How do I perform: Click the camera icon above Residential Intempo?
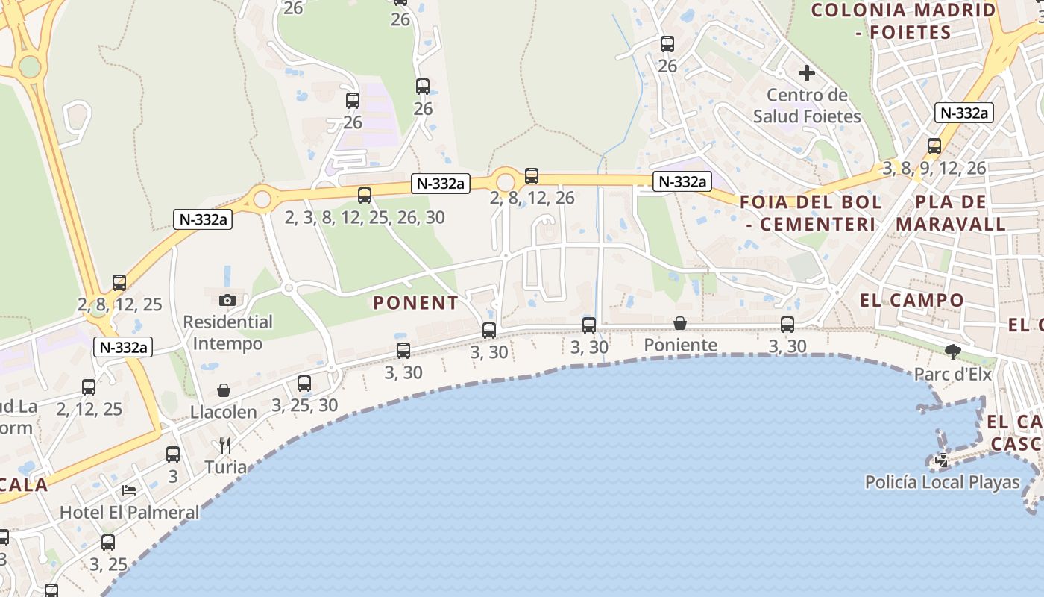[x=227, y=300]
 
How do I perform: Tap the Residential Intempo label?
[x=228, y=333]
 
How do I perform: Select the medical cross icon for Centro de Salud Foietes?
[x=806, y=73]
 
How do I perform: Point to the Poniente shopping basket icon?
[x=680, y=323]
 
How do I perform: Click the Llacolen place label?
[x=224, y=412]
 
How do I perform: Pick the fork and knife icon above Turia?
[x=225, y=446]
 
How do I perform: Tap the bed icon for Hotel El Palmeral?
[x=129, y=490]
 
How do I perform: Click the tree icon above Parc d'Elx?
[x=952, y=351]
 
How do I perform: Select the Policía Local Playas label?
[x=942, y=482]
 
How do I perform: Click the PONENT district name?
[x=415, y=303]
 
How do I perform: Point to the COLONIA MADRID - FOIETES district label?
[x=903, y=21]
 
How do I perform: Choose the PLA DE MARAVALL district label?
[x=951, y=213]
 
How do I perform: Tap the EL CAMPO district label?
[x=912, y=301]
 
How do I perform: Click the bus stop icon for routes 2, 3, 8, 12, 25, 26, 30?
[x=364, y=196]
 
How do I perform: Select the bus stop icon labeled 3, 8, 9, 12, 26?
[x=934, y=146]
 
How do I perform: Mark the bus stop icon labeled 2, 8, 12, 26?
[x=531, y=176]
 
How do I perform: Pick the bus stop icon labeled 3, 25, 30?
[x=304, y=384]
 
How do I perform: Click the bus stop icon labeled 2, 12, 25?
[x=89, y=387]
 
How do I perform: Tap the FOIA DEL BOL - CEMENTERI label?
[x=811, y=213]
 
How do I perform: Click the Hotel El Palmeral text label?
[x=129, y=513]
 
